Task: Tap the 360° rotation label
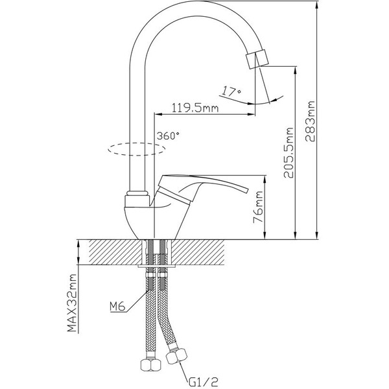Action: (x=169, y=136)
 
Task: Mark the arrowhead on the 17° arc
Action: (x=278, y=99)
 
